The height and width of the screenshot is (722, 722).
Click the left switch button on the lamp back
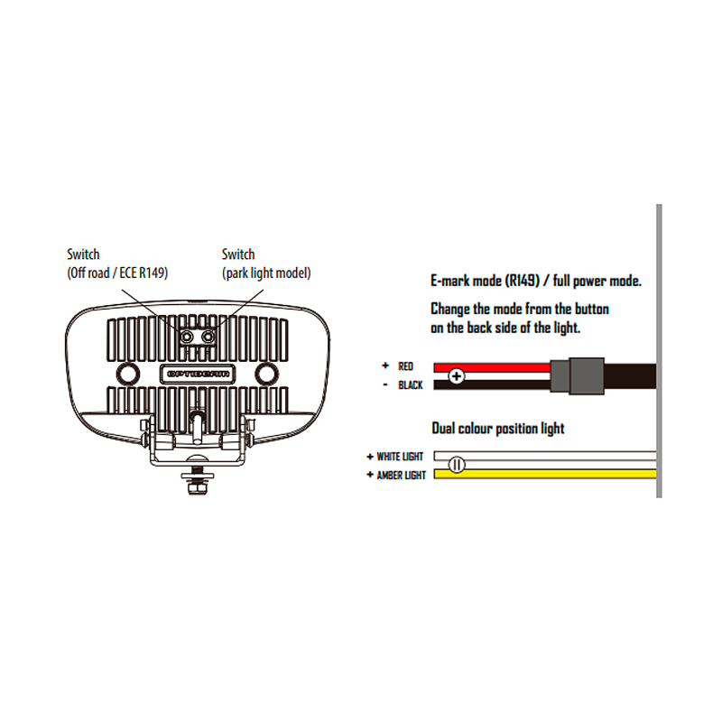click(x=187, y=337)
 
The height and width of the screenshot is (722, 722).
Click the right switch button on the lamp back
click(x=208, y=337)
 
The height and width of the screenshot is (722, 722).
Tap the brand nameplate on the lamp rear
click(x=198, y=374)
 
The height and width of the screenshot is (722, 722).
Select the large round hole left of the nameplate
click(x=128, y=373)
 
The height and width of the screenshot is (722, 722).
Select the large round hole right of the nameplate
click(x=266, y=373)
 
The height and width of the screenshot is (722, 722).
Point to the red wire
click(x=492, y=367)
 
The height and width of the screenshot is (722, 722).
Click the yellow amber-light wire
click(x=545, y=474)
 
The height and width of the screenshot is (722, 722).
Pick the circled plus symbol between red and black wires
click(x=457, y=376)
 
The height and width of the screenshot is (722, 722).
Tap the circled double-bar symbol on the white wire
click(x=457, y=465)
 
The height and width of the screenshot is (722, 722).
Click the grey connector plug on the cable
click(x=578, y=375)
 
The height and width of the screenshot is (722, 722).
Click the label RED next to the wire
click(x=405, y=366)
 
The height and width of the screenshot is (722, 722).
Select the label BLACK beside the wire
click(x=411, y=385)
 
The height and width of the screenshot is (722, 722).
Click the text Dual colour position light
click(x=498, y=429)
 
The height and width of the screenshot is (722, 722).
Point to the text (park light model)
click(x=266, y=273)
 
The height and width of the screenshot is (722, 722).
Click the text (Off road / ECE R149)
click(x=117, y=273)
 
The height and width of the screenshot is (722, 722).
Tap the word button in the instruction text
click(x=592, y=309)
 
